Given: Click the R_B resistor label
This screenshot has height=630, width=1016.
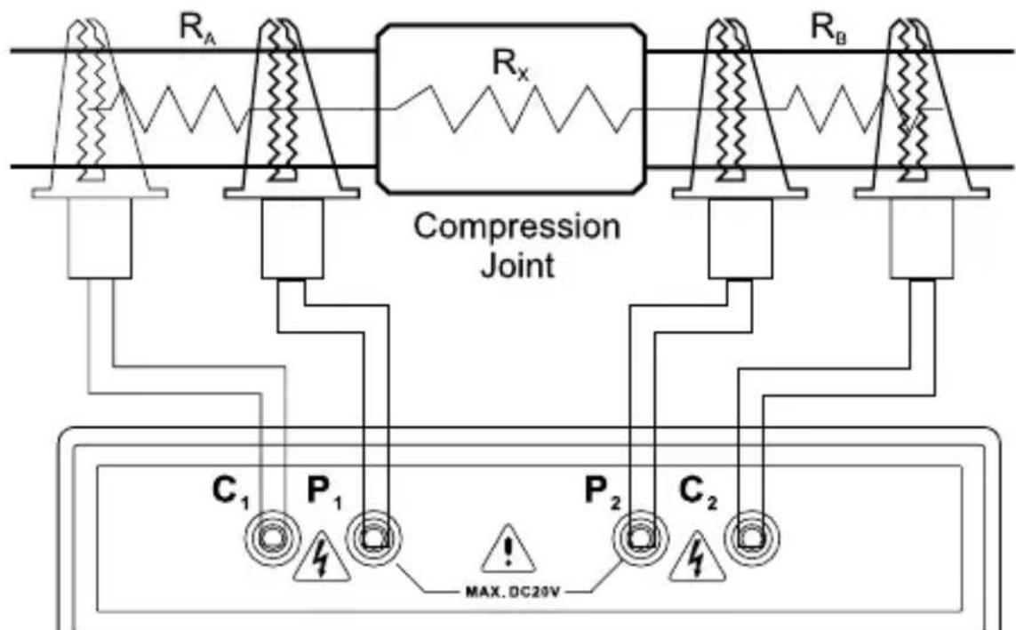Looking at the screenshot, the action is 828,28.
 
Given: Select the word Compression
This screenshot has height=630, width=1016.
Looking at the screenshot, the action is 516,227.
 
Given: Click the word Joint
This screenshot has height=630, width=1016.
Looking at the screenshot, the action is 516,265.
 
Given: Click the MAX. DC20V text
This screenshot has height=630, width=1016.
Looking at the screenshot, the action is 508,592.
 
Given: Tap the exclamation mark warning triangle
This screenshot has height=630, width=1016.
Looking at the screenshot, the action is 508,550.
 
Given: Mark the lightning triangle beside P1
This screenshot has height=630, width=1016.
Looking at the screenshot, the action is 322,557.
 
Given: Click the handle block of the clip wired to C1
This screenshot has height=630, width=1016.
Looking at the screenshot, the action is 100,238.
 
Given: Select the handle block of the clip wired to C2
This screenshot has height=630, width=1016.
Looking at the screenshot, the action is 922,238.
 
